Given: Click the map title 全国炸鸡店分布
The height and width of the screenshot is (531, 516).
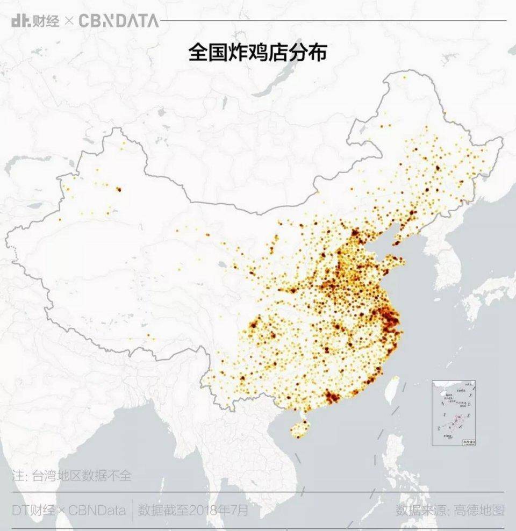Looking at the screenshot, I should pyautogui.click(x=257, y=53).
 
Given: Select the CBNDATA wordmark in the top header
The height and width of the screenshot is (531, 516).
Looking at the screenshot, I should pyautogui.click(x=119, y=21).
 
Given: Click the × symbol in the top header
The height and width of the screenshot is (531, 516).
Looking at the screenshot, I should pyautogui.click(x=69, y=21).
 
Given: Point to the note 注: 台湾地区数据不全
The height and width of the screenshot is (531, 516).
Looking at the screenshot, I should pyautogui.click(x=71, y=476).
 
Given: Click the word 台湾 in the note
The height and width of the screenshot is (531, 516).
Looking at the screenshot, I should pyautogui.click(x=45, y=476).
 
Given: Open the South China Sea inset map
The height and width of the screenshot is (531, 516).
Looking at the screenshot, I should pyautogui.click(x=454, y=413).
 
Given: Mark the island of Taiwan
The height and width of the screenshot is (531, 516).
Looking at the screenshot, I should pyautogui.click(x=392, y=391).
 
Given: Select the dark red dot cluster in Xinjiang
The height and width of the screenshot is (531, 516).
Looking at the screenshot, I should pyautogui.click(x=118, y=189).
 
